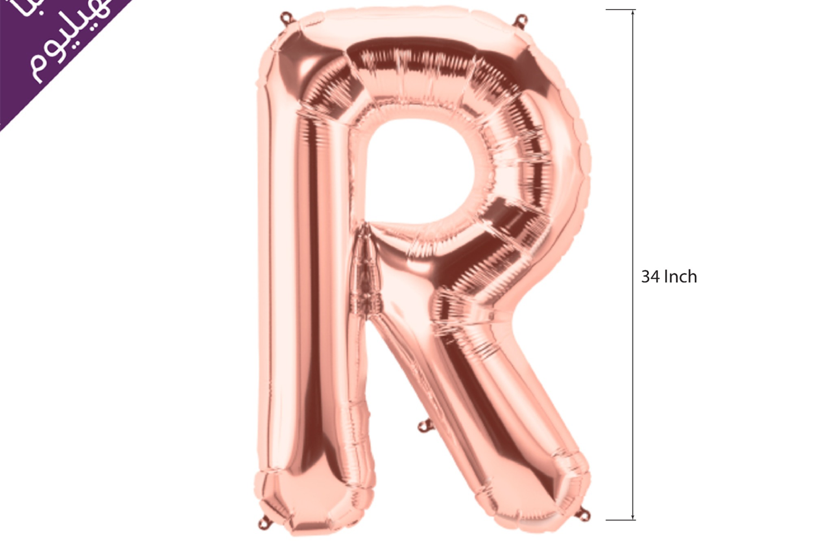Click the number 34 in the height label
650,276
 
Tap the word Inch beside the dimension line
680,276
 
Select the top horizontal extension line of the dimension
620,10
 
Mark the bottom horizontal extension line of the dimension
620,519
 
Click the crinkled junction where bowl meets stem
364,266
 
